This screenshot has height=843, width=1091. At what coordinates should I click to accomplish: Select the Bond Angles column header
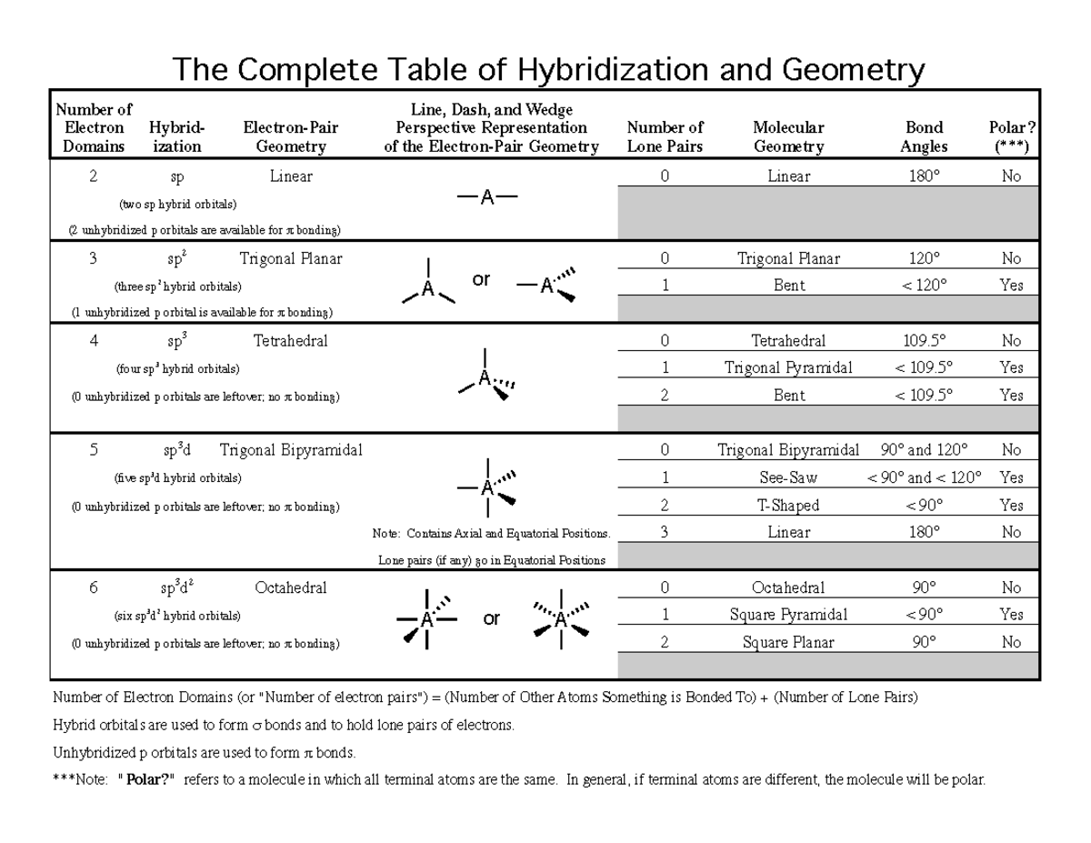coord(924,136)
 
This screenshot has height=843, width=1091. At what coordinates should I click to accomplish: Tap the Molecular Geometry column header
coord(788,136)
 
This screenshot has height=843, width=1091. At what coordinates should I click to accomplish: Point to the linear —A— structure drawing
coord(487,198)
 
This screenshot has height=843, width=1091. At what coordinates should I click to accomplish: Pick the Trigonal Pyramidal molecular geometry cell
coord(788,368)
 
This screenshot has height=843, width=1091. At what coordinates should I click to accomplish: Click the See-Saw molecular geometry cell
coord(788,477)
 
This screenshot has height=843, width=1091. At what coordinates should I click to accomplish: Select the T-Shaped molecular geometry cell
coord(788,505)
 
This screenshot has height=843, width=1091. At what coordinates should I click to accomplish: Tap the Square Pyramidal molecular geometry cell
coord(788,615)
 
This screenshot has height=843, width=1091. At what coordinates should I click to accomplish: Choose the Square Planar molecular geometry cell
coord(788,642)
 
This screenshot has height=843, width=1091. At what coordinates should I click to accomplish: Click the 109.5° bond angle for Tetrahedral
coord(924,341)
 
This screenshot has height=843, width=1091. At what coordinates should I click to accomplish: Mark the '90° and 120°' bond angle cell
coord(924,450)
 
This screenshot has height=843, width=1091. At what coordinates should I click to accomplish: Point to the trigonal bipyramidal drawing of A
coord(488,487)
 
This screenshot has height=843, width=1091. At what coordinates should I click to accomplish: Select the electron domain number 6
coord(93,587)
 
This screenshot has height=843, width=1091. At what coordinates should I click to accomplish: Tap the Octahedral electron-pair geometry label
coord(290,587)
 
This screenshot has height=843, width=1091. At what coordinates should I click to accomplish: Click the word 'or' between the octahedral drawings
coord(492,619)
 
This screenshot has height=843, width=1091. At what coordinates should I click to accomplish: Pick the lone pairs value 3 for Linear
coord(665,532)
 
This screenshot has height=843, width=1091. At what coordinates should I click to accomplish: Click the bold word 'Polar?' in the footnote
coord(146,780)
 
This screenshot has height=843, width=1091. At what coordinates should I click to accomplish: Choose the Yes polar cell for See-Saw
coord(1011,477)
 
